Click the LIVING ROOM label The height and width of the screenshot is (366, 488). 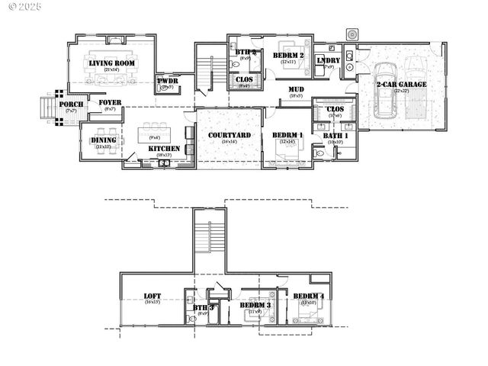[x=112, y=63]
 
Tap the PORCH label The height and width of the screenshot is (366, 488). [x=72, y=104]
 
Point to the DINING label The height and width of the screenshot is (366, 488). [x=104, y=140]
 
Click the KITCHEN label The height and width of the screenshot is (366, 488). [x=163, y=149]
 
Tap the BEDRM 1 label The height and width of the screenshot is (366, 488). [x=287, y=135]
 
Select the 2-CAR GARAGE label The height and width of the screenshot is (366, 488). [x=401, y=84]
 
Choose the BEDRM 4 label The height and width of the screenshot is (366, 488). [x=309, y=297]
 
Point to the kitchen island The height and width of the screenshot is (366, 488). [x=154, y=137]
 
